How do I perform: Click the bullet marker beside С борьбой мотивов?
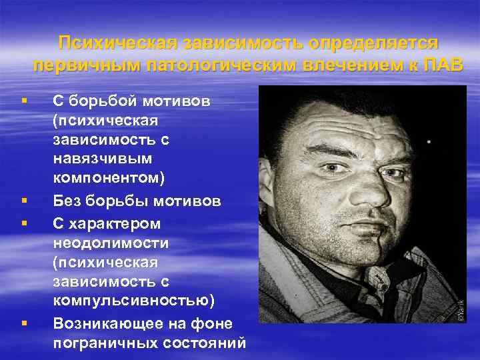(x=24, y=101)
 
